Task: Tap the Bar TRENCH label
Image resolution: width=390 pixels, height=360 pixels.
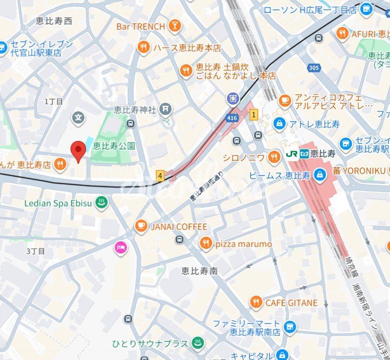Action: (x=140, y=26)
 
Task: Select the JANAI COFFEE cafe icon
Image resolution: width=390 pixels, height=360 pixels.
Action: (x=141, y=226)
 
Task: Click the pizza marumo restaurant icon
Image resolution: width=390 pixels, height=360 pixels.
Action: (x=206, y=244)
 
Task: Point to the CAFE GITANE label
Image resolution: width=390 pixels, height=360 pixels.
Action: (x=291, y=303)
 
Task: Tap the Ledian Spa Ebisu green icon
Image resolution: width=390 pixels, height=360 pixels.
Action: (x=101, y=203)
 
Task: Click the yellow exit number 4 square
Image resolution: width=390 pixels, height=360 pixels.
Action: (x=160, y=175)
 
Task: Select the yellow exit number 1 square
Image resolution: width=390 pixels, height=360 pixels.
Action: (x=253, y=115)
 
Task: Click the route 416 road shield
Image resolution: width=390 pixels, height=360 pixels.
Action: (x=232, y=117)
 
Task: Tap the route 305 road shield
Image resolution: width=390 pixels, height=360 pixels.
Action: (x=314, y=67)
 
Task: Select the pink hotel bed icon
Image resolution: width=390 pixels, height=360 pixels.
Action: (x=120, y=248)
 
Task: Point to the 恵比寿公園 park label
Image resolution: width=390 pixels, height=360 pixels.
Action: (x=114, y=146)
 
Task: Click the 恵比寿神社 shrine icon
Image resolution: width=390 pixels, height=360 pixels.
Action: (x=166, y=108)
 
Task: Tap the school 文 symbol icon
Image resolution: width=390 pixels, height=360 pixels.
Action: (x=78, y=117)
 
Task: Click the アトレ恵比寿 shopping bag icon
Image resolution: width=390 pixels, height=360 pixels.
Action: (x=279, y=123)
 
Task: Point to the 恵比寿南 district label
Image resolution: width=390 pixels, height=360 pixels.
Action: (x=199, y=270)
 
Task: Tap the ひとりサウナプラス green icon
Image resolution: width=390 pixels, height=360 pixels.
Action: (x=197, y=343)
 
